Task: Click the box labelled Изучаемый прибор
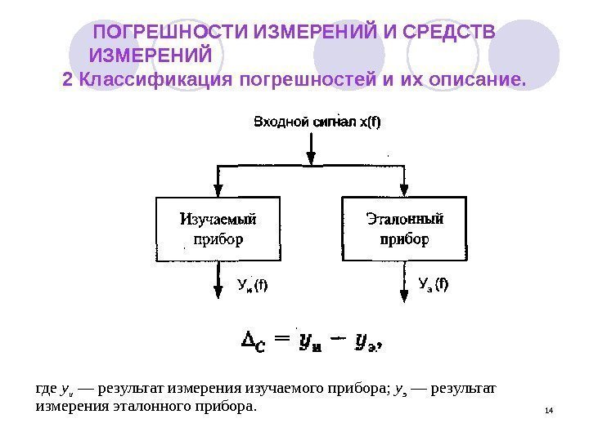coord(218,229)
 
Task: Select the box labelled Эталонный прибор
coord(404,229)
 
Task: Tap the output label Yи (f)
coord(253,285)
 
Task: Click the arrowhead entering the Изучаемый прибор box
coord(217,189)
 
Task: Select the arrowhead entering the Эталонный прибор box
coord(404,189)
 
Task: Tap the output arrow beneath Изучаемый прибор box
coord(218,282)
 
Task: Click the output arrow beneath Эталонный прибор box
coord(405,282)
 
